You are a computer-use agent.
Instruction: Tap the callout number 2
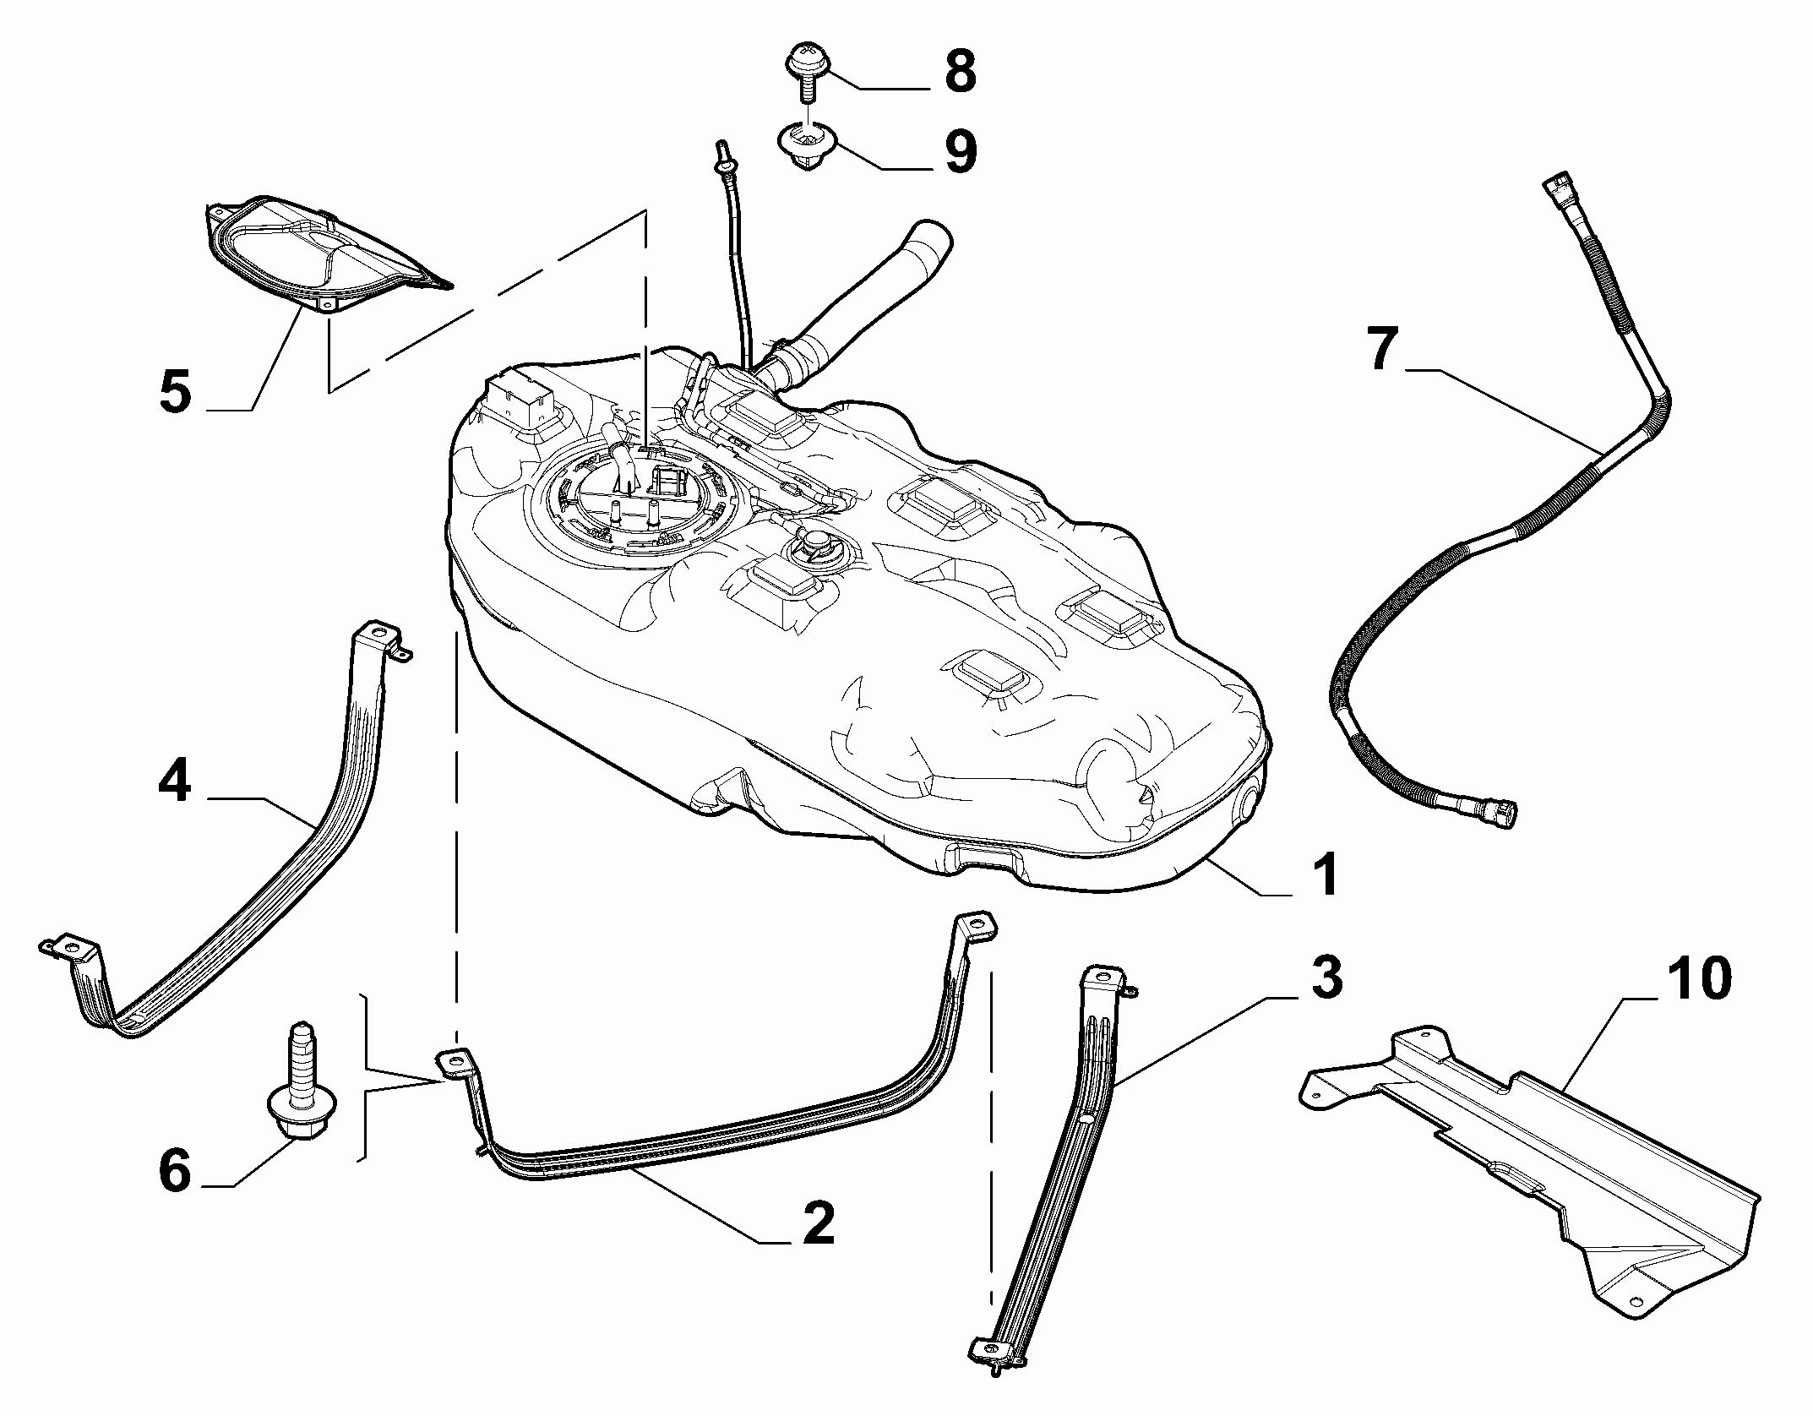coord(817,1221)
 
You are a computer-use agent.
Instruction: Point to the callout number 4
coord(175,783)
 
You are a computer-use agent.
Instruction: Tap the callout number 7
coord(1381,349)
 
